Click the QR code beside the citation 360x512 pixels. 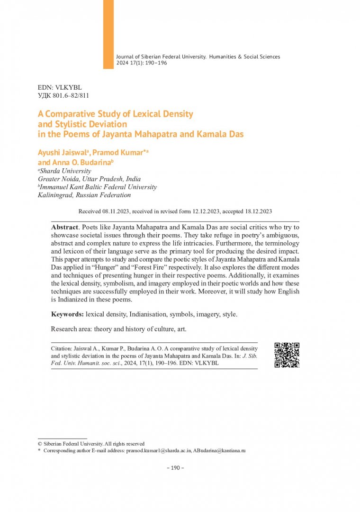point(287,355)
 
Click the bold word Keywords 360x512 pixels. point(68,314)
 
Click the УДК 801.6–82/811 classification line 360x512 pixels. point(63,96)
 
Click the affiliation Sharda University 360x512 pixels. point(65,171)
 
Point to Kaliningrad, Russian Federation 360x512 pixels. point(84,195)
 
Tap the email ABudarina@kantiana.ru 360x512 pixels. point(219,451)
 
